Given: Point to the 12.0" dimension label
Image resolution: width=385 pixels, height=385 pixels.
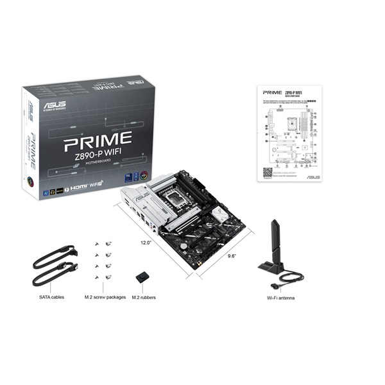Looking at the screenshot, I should pos(146,243).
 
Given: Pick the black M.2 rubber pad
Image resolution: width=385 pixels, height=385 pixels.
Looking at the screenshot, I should pos(142,278).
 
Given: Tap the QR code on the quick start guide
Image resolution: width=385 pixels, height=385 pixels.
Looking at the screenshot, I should pos(268,172).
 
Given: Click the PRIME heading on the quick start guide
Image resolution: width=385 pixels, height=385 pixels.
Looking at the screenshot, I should pos(273,92).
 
